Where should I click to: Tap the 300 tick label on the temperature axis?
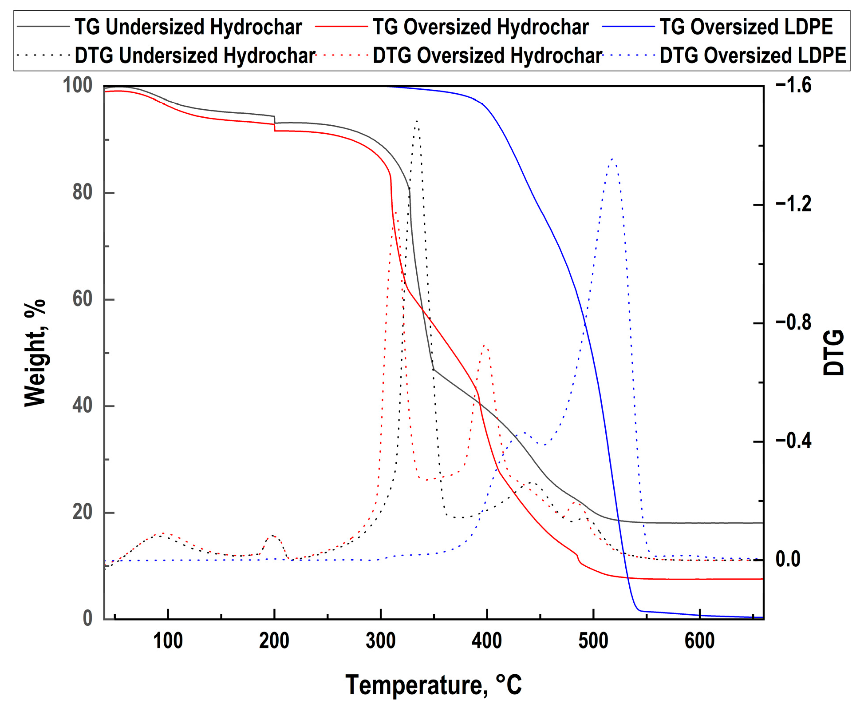(x=380, y=641)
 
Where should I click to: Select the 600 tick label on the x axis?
(x=699, y=641)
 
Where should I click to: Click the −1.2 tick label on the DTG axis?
(x=793, y=204)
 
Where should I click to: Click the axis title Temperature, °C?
(x=434, y=684)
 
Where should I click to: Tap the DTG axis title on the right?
(x=833, y=353)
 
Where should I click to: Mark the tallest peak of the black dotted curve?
(x=416, y=121)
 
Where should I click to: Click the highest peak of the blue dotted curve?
(x=612, y=159)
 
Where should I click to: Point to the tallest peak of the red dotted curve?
(x=395, y=212)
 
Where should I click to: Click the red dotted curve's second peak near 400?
(x=485, y=346)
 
